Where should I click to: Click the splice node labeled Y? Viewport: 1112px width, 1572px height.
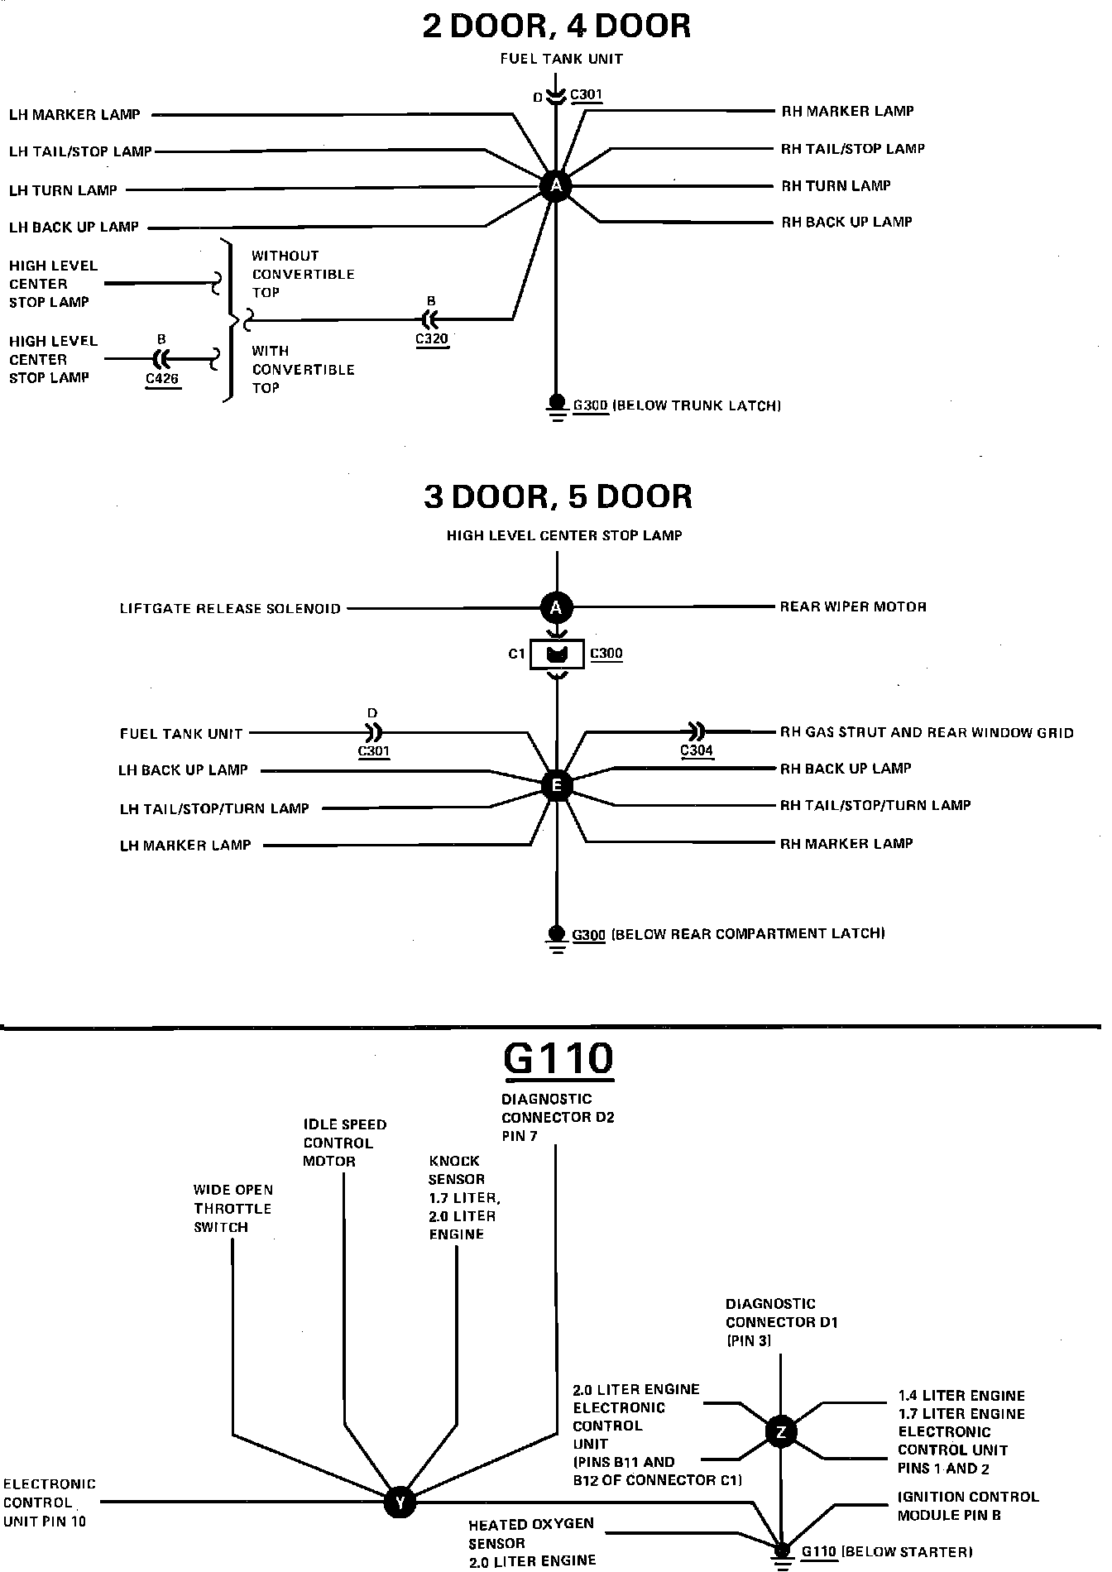tap(400, 1502)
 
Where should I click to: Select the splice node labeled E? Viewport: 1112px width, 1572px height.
tap(556, 785)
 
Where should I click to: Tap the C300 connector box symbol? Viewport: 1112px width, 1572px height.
tap(557, 654)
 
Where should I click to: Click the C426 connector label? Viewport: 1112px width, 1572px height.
tap(162, 380)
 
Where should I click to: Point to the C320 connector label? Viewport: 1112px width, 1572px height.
tap(432, 338)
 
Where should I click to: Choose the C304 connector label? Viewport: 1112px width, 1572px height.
tap(697, 750)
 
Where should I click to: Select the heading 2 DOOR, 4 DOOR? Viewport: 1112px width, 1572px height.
tap(556, 26)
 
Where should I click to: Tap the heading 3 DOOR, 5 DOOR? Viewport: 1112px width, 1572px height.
tap(558, 496)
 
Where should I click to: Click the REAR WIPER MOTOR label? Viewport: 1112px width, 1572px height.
tap(853, 606)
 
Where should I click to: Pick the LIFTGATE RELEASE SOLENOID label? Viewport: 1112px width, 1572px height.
tap(230, 609)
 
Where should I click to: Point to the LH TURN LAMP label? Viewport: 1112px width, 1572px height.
tap(63, 190)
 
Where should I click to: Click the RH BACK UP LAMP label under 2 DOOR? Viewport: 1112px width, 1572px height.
tap(846, 222)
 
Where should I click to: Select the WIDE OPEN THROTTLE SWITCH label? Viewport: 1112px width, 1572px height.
tap(232, 1208)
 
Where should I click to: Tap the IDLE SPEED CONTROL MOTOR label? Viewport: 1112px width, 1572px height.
tap(344, 1143)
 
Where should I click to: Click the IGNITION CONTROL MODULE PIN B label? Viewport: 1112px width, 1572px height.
tap(967, 1506)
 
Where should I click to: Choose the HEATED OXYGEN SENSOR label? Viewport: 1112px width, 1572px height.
tap(531, 1542)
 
